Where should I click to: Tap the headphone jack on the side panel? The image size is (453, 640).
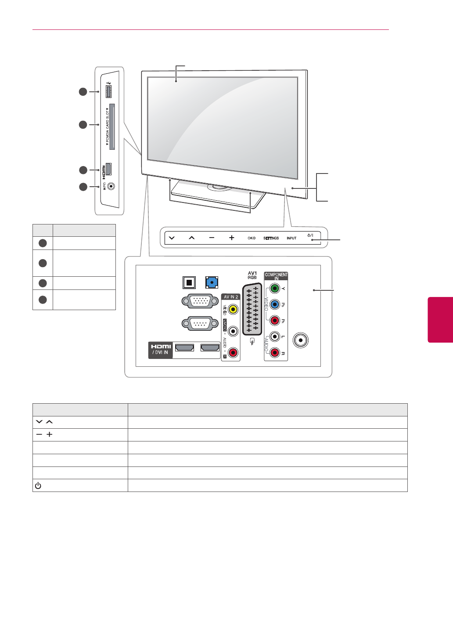point(110,186)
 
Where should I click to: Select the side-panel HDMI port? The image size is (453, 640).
point(109,169)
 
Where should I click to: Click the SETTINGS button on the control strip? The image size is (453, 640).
point(271,238)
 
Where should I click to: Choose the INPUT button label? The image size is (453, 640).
point(291,238)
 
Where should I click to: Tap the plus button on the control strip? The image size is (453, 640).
point(231,238)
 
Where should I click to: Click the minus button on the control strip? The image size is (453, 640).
point(212,238)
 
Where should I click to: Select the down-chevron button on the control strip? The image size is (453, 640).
point(171,238)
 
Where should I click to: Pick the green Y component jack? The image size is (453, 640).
point(274,289)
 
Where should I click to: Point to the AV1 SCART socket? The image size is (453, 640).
point(252,307)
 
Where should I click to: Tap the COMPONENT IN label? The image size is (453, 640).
point(276,276)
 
